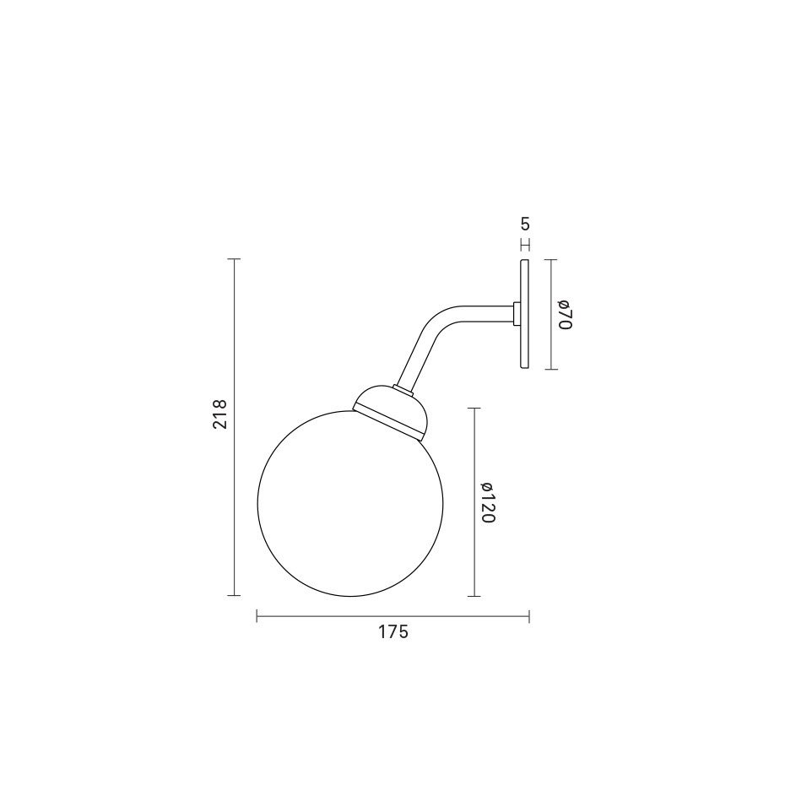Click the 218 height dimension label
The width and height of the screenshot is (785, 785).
click(x=220, y=414)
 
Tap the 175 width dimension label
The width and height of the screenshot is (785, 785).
click(x=393, y=631)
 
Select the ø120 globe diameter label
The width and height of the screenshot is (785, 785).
click(x=487, y=502)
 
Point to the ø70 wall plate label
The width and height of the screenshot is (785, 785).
click(x=565, y=314)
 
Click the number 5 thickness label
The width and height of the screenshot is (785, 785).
click(x=525, y=225)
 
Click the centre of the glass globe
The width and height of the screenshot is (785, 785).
click(x=350, y=503)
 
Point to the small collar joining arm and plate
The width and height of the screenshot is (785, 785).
click(x=516, y=314)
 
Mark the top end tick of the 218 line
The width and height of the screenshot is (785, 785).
click(x=235, y=259)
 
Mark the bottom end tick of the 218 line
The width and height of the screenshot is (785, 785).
click(x=235, y=596)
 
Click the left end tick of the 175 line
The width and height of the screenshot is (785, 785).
click(x=257, y=617)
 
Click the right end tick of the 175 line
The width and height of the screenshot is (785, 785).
click(x=529, y=617)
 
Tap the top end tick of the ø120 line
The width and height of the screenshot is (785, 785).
click(x=474, y=409)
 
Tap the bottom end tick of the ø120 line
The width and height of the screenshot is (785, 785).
click(x=474, y=596)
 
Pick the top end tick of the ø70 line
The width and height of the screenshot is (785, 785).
click(x=550, y=260)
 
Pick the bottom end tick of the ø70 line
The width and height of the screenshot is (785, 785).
click(x=550, y=369)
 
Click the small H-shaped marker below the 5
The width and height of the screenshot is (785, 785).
click(x=525, y=245)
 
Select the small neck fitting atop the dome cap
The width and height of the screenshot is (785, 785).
click(x=402, y=388)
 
